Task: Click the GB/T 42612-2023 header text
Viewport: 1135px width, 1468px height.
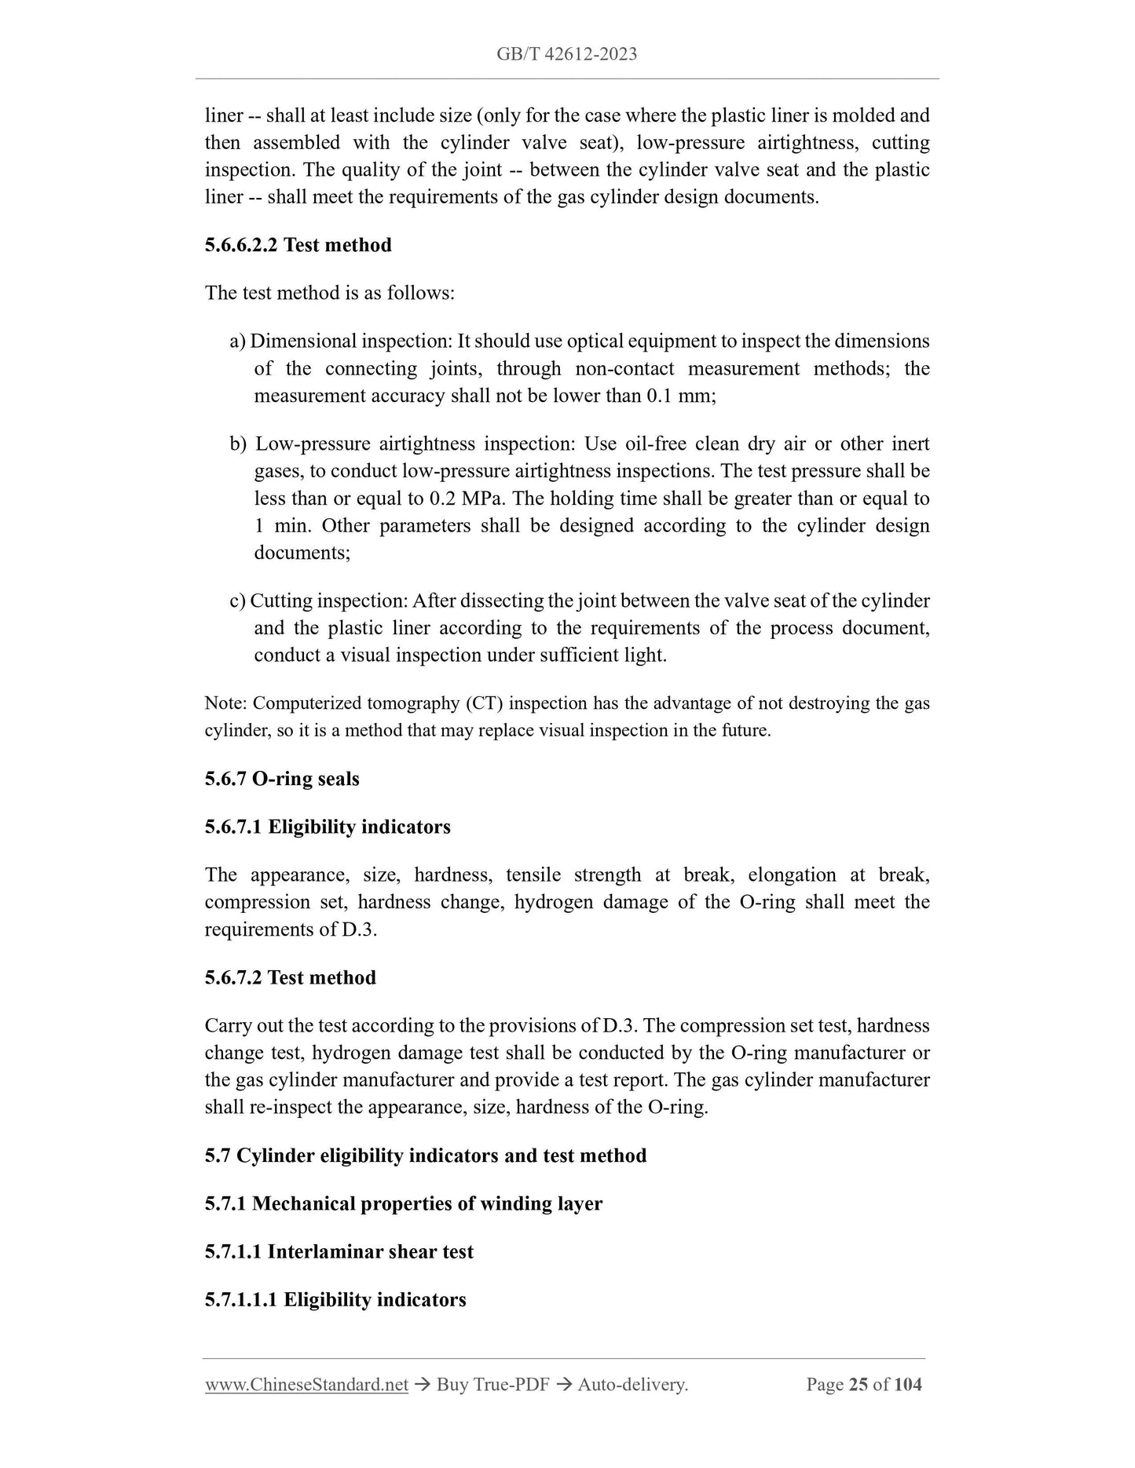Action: coord(566,54)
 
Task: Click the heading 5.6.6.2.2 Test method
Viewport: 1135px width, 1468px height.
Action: coord(298,245)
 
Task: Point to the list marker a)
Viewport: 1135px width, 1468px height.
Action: coord(237,341)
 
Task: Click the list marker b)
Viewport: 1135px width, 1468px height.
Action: coord(238,444)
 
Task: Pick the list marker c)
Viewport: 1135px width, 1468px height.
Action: coord(237,601)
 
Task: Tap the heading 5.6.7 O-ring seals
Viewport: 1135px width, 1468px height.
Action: coord(282,779)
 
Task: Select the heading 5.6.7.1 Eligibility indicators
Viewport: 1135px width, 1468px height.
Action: coord(328,827)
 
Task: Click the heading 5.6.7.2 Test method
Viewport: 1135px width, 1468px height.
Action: coord(290,977)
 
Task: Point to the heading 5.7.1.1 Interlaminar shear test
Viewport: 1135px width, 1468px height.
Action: coord(339,1251)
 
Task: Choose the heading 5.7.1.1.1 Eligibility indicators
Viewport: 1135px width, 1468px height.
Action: coord(335,1299)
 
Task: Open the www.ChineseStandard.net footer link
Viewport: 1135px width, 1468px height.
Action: coord(306,1385)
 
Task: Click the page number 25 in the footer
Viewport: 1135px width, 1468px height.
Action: coord(858,1385)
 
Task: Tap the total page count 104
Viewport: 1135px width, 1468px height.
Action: coord(907,1385)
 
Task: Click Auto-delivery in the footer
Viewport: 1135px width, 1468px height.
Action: coord(632,1385)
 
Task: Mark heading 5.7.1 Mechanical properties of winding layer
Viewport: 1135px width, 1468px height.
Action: coord(403,1203)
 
